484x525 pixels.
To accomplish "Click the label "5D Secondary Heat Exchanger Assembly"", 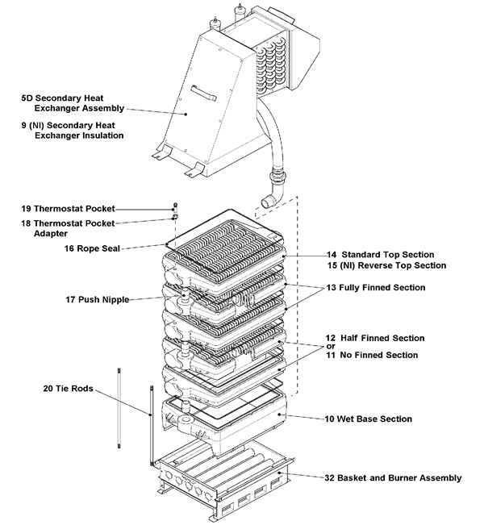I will pyautogui.click(x=73, y=102).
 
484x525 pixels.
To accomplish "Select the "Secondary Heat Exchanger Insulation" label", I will pyautogui.click(x=73, y=131).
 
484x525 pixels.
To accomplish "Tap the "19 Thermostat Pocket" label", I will pyautogui.click(x=68, y=208).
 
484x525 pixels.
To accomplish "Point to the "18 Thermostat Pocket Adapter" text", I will pyautogui.click(x=69, y=227).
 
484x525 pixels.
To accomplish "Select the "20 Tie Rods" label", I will pyautogui.click(x=69, y=389).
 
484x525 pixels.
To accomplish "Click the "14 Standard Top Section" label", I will pyautogui.click(x=380, y=255).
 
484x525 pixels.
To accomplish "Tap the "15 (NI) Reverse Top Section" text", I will pyautogui.click(x=386, y=265).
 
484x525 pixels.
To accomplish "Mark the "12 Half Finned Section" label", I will pyautogui.click(x=375, y=338).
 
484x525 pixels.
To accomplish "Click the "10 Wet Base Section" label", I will pyautogui.click(x=369, y=419).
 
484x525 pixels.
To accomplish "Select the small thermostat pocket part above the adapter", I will pyautogui.click(x=176, y=206).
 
